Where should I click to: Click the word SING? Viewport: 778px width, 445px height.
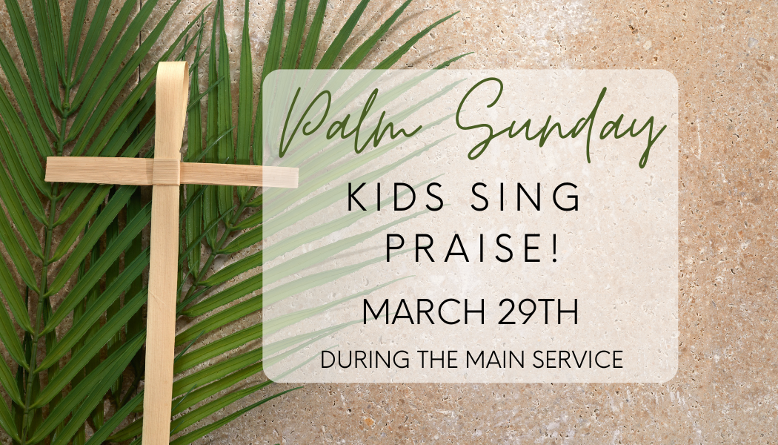click(x=535, y=199)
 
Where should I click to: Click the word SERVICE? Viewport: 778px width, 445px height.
click(x=574, y=360)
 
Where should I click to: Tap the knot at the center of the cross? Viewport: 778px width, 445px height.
click(x=166, y=173)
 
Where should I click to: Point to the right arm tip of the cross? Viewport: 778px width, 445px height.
click(x=294, y=177)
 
